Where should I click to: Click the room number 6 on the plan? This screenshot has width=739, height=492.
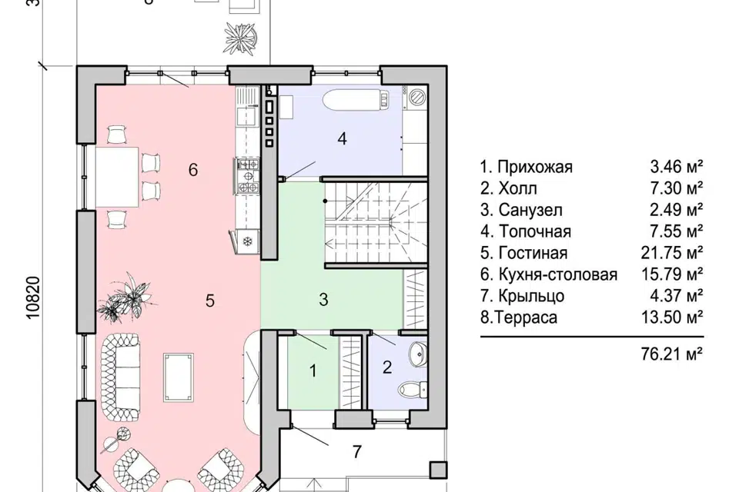pos(193,169)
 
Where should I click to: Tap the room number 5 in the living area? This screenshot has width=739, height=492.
pos(209,301)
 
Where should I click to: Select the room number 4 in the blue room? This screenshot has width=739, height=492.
pos(342,139)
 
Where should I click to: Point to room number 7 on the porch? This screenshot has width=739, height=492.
pos(356,452)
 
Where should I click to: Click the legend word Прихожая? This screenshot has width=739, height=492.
pos(534,167)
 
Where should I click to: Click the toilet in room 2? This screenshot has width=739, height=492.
pos(415,387)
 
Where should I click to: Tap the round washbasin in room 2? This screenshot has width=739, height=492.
pos(417,354)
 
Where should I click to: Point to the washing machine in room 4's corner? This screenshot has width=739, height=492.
pos(416,97)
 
